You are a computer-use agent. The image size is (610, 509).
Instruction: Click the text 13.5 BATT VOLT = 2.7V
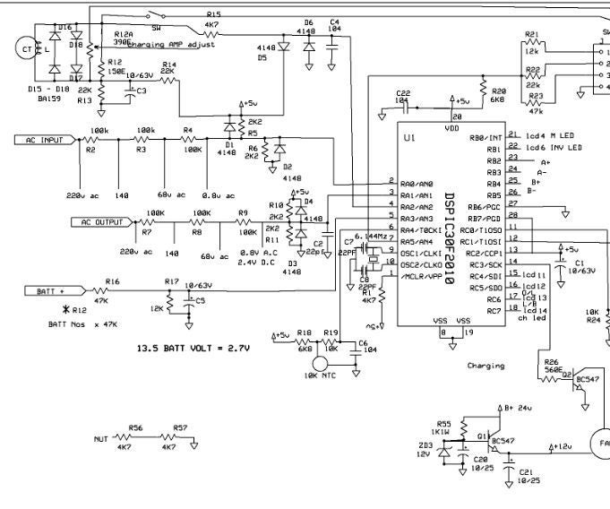[193, 347]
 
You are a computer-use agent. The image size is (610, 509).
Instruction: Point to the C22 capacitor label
[403, 93]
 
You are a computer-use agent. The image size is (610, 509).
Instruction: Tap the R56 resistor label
[136, 428]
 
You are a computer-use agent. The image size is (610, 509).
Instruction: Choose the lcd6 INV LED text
[554, 147]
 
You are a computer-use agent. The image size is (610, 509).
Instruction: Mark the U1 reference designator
[409, 139]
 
